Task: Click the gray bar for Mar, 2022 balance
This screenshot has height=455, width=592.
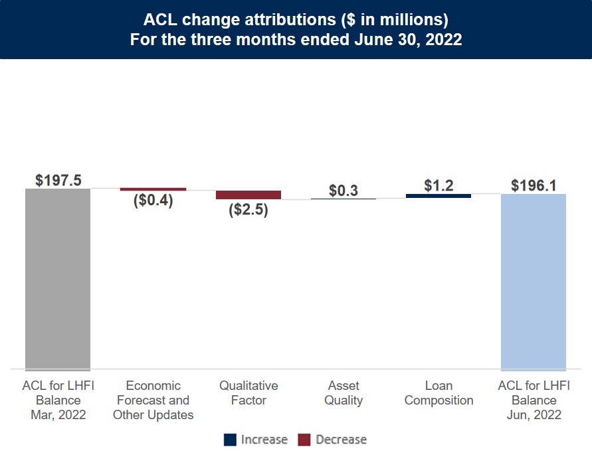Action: click(x=58, y=279)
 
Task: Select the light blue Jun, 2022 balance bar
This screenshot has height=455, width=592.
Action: click(x=533, y=282)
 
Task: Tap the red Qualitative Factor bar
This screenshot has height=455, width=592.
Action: click(x=248, y=195)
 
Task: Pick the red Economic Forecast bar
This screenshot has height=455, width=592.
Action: click(x=153, y=189)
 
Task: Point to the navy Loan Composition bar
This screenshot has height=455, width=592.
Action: click(x=439, y=196)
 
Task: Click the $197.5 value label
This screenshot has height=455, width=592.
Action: click(x=58, y=181)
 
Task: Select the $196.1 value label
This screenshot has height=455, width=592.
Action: click(x=534, y=185)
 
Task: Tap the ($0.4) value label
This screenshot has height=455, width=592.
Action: click(x=153, y=201)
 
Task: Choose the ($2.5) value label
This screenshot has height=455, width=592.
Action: click(x=248, y=210)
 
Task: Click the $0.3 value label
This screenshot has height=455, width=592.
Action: click(x=344, y=191)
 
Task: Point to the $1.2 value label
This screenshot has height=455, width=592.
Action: click(x=439, y=185)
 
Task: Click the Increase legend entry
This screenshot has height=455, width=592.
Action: click(x=256, y=440)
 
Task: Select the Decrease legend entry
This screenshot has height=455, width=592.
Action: click(x=332, y=440)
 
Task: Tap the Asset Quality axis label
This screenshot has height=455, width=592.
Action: click(x=344, y=393)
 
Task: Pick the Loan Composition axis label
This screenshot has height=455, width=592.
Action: click(x=439, y=393)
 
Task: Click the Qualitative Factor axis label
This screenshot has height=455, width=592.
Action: click(x=248, y=393)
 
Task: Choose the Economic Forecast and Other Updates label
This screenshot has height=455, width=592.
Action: click(x=153, y=401)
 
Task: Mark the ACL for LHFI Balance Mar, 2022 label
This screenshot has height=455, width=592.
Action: click(x=58, y=401)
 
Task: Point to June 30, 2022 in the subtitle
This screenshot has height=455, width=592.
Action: click(x=405, y=39)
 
